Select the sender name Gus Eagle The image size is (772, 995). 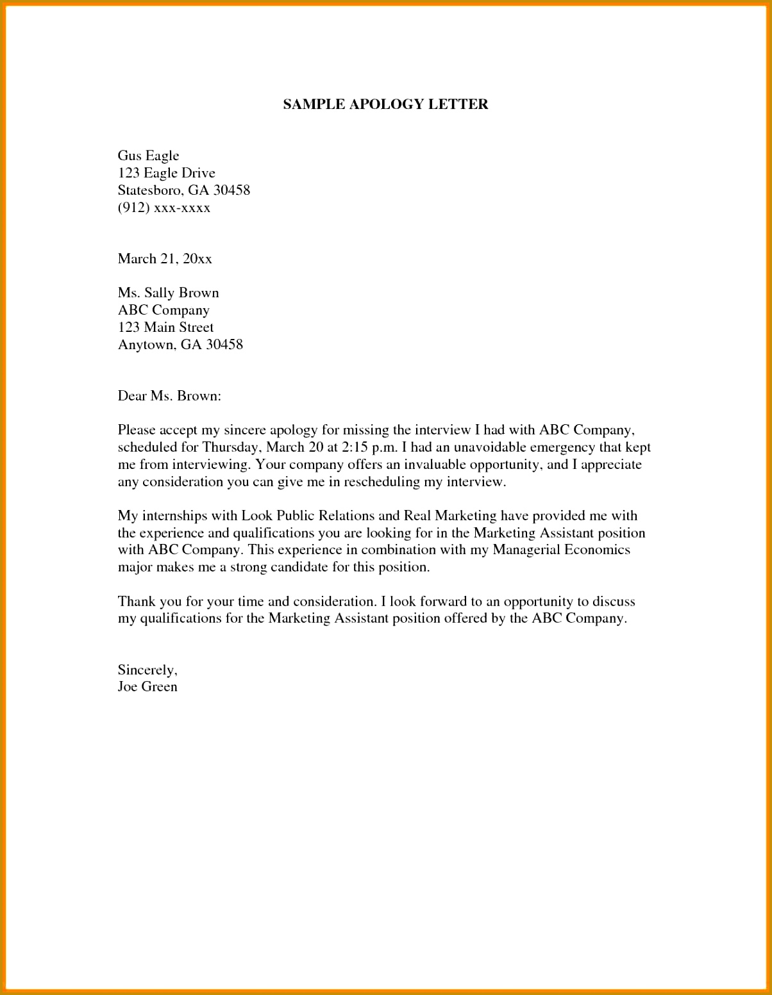click(x=148, y=156)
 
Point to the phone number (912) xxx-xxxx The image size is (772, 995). click(x=164, y=208)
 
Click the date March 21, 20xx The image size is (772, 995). click(x=165, y=259)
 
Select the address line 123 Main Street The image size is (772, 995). click(x=165, y=327)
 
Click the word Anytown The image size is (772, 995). click(x=146, y=345)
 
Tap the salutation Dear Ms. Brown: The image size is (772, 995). click(x=169, y=396)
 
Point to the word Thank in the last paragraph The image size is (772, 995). click(x=136, y=602)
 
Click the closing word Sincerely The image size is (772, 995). click(x=147, y=670)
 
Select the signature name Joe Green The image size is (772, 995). click(x=147, y=687)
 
